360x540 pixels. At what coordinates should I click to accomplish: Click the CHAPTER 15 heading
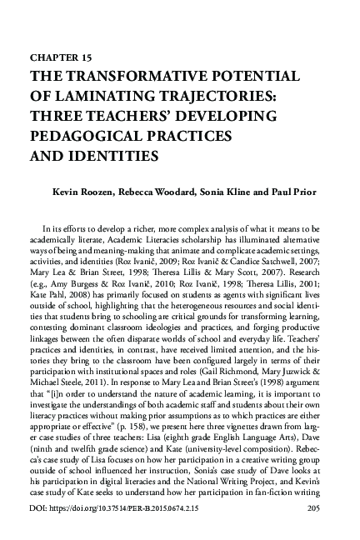click(x=62, y=58)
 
